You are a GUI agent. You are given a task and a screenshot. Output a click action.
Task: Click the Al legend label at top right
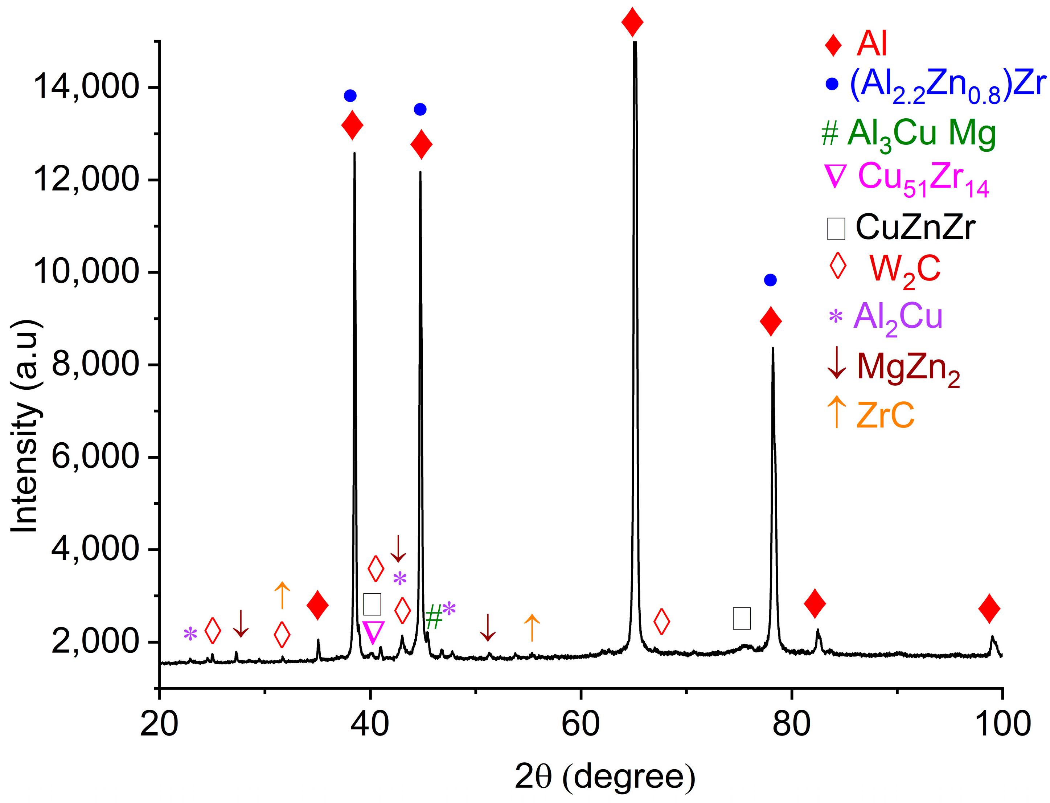click(871, 44)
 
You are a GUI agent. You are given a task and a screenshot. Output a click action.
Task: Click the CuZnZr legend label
click(915, 228)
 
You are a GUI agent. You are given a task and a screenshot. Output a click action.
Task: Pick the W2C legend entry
click(905, 269)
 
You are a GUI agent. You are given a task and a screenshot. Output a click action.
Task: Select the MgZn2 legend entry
click(908, 367)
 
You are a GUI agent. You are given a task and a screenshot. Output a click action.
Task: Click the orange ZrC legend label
click(885, 415)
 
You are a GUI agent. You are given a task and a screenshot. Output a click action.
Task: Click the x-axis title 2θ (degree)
click(604, 776)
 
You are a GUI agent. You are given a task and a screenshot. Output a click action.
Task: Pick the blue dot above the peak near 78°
click(770, 280)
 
